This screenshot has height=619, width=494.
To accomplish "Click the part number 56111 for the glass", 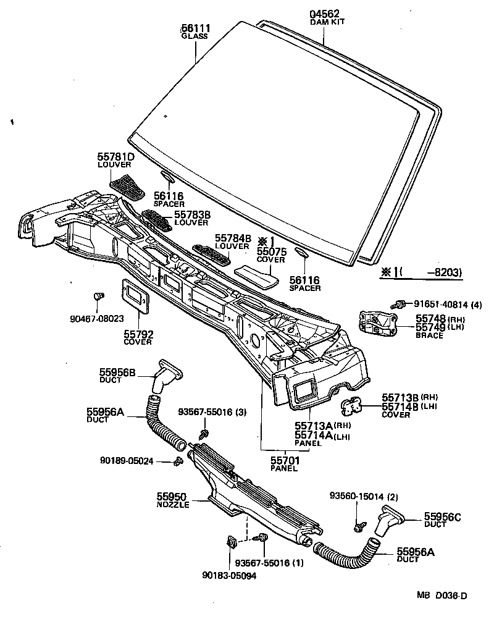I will pyautogui.click(x=195, y=28).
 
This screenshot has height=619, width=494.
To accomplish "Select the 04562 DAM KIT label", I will pyautogui.click(x=325, y=14).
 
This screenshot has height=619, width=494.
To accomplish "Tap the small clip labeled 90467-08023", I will pyautogui.click(x=97, y=298).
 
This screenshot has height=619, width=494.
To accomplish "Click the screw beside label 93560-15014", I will pyautogui.click(x=358, y=527).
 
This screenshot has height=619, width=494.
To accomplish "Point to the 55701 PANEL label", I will pyautogui.click(x=285, y=461).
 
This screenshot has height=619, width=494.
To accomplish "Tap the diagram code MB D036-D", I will pyautogui.click(x=441, y=596).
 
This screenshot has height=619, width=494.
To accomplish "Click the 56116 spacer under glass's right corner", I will pyautogui.click(x=301, y=253).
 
